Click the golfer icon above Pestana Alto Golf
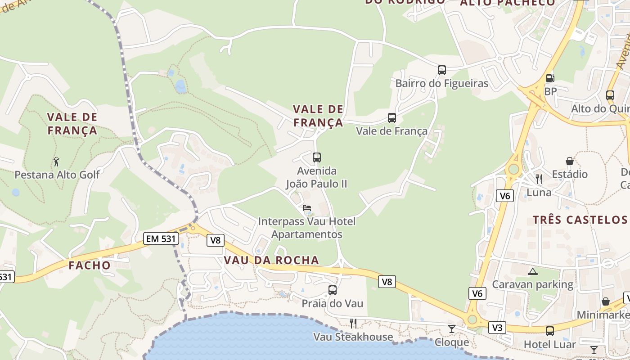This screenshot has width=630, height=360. [x=56, y=161]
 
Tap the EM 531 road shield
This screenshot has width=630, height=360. [x=161, y=238]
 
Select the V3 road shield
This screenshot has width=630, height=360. [x=497, y=328]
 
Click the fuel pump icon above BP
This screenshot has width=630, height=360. [x=549, y=78]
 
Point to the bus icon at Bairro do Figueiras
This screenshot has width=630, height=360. [x=442, y=70]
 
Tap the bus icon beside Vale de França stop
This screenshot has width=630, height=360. [x=392, y=118]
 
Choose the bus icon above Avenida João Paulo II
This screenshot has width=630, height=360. [x=317, y=157]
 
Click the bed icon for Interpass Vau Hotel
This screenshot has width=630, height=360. [x=307, y=208]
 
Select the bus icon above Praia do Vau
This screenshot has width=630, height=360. [x=333, y=290]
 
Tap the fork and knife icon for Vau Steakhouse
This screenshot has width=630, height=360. [x=353, y=323]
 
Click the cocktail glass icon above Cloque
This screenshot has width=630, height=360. [x=451, y=329]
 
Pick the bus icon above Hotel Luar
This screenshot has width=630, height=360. [x=549, y=331]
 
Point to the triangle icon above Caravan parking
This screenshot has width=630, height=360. [x=533, y=271]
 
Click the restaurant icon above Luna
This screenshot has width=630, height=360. [x=539, y=179]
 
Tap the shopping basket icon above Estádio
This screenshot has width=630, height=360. [x=570, y=161]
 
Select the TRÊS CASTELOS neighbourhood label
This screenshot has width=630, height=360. [x=580, y=220]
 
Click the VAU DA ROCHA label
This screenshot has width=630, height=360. [x=271, y=260]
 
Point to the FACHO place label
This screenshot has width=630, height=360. [x=90, y=265]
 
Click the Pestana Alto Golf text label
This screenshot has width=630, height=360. [x=57, y=174]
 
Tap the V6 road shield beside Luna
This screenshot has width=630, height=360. [x=505, y=196]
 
